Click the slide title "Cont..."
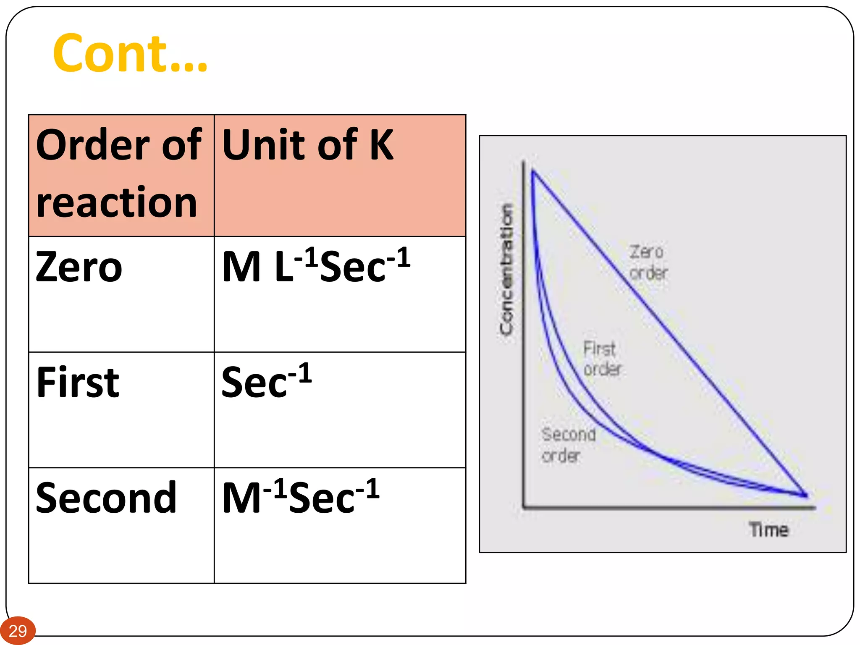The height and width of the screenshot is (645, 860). click(130, 53)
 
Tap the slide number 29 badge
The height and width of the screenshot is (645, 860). click(18, 631)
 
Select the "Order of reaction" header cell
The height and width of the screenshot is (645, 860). click(121, 175)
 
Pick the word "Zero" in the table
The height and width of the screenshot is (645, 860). click(79, 267)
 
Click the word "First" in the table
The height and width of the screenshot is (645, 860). click(78, 382)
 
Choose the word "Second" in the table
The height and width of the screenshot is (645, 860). click(106, 498)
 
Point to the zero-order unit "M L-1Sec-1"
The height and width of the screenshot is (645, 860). click(316, 265)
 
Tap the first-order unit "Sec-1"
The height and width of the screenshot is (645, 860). click(266, 381)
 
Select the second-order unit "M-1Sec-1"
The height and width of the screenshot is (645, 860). click(301, 497)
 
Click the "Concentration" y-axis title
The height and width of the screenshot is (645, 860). click(506, 269)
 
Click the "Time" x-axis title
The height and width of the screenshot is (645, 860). click(769, 530)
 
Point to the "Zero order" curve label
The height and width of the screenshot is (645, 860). click(648, 262)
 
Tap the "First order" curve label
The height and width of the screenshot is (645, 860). click(602, 359)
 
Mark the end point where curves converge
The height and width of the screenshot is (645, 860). click(805, 496)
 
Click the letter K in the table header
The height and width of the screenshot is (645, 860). click(381, 145)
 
